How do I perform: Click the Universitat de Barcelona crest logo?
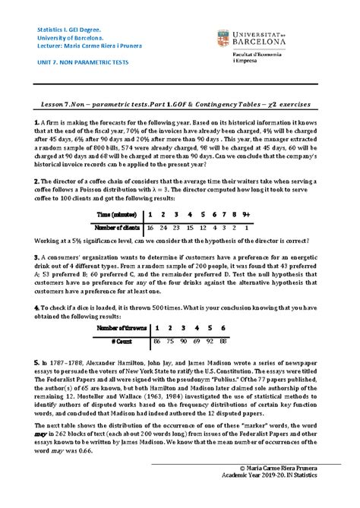pos(225,36)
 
